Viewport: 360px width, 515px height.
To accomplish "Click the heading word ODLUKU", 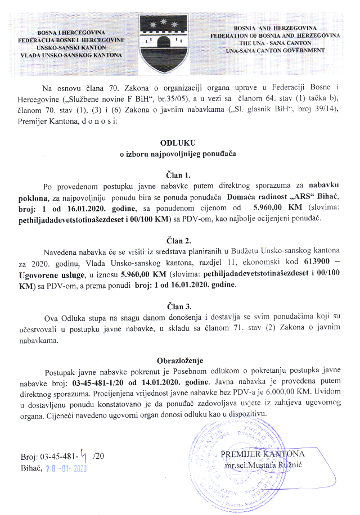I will coord(179,143).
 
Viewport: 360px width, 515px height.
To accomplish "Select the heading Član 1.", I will coord(179,174).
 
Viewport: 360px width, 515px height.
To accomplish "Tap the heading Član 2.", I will coord(179,237).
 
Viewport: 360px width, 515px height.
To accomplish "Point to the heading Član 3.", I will coord(179,307).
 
